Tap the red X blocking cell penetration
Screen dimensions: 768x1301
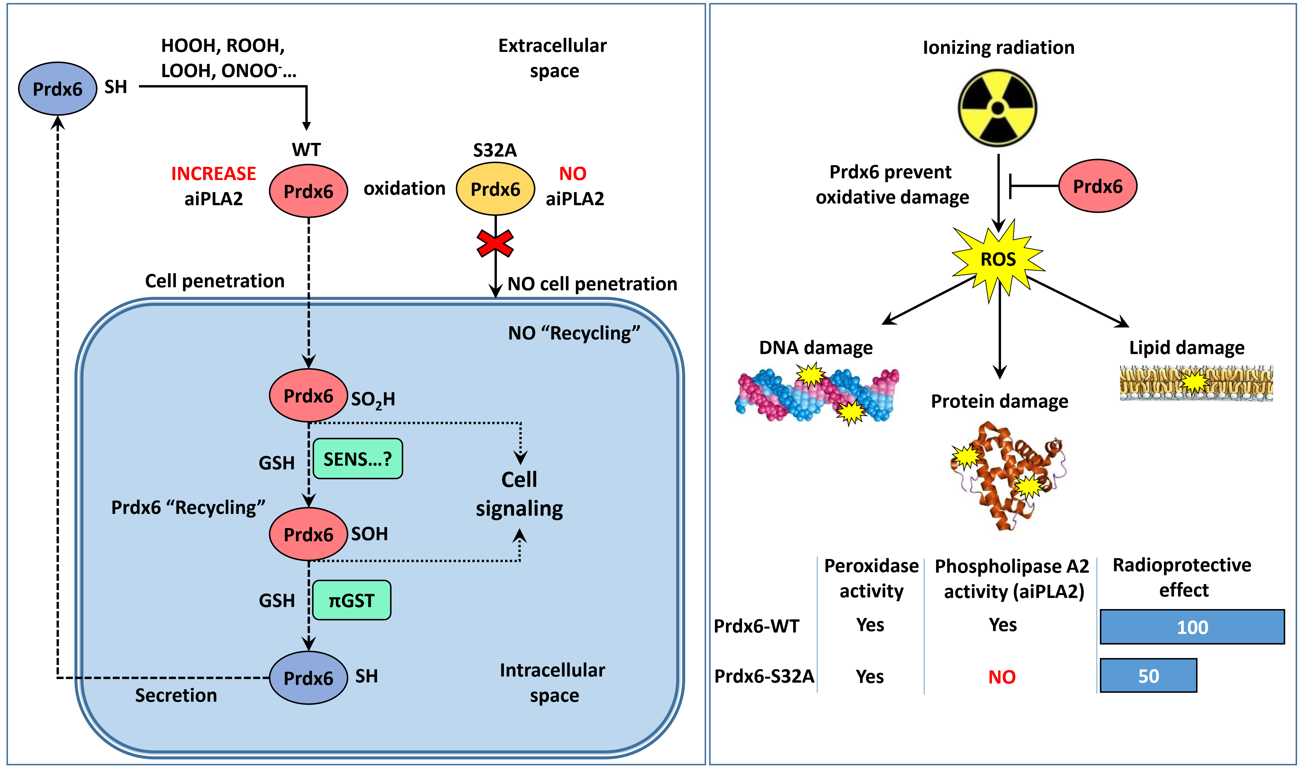coord(495,243)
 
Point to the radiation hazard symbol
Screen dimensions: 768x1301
coord(997,108)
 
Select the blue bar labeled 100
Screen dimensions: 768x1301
coord(1192,627)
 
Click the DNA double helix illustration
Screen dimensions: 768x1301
coord(816,395)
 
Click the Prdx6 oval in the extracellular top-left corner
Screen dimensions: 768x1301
coord(57,89)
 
